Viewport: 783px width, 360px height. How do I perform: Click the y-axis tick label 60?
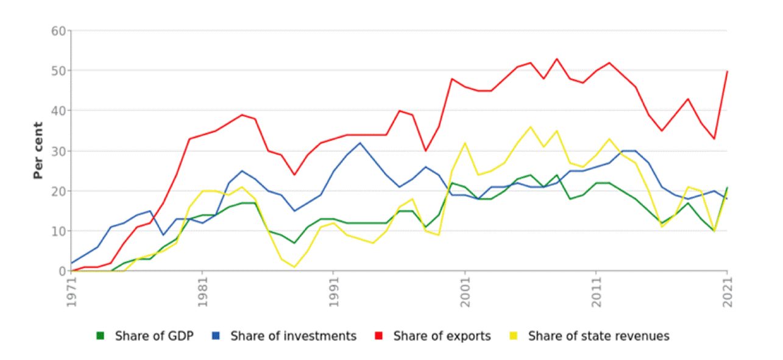58,31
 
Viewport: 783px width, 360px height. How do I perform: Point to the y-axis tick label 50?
58,71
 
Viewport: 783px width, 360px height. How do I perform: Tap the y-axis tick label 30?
58,151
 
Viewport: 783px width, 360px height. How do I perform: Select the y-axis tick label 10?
58,231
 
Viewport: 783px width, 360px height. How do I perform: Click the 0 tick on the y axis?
63,271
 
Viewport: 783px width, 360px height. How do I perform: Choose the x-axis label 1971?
72,292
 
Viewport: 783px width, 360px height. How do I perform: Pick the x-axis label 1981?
203,292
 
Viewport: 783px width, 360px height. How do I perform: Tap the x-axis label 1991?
334,292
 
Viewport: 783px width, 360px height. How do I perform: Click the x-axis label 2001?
466,292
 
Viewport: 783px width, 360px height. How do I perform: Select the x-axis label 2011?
597,292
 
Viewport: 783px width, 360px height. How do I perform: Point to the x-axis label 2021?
728,292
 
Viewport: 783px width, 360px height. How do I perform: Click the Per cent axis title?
38,150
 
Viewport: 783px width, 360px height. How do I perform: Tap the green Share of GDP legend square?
101,336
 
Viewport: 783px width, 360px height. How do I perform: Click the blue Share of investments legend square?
216,336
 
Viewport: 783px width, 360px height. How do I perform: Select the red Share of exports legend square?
378,336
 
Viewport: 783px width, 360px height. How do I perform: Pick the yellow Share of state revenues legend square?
514,336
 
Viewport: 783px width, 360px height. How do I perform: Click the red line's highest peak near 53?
557,58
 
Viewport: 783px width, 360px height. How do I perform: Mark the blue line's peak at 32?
360,143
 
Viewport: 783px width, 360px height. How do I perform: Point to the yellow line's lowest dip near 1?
294,267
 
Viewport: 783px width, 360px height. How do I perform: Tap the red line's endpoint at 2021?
728,71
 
